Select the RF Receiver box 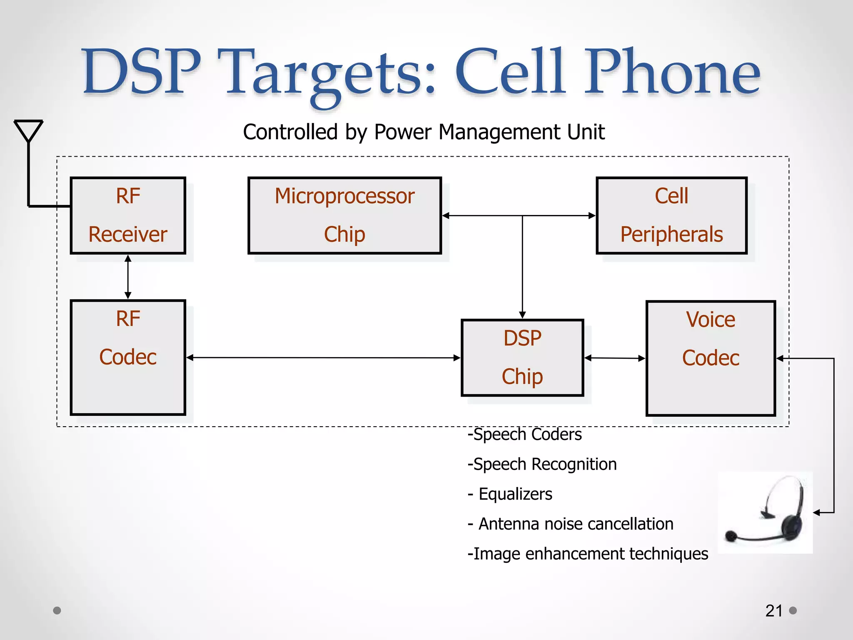(128, 215)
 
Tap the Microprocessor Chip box (344, 215)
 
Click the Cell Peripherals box (671, 215)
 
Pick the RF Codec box (128, 357)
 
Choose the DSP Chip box (522, 357)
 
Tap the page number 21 (774, 611)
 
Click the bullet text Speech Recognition (542, 464)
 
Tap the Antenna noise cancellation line (571, 524)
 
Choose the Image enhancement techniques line (588, 554)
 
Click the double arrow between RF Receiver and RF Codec (128, 277)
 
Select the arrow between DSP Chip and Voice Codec (615, 358)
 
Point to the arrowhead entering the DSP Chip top (522, 315)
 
